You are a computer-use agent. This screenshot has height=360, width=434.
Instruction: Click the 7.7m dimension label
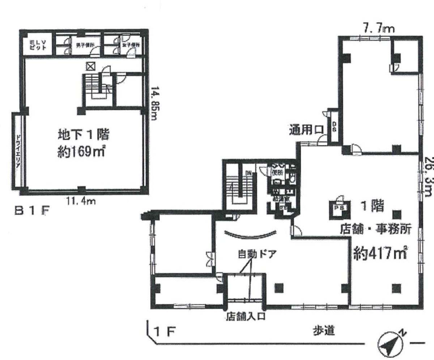click(379, 29)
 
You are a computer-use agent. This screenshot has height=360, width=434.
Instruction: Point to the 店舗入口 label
click(246, 317)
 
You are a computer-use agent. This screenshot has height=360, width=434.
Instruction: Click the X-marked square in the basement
click(90, 66)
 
